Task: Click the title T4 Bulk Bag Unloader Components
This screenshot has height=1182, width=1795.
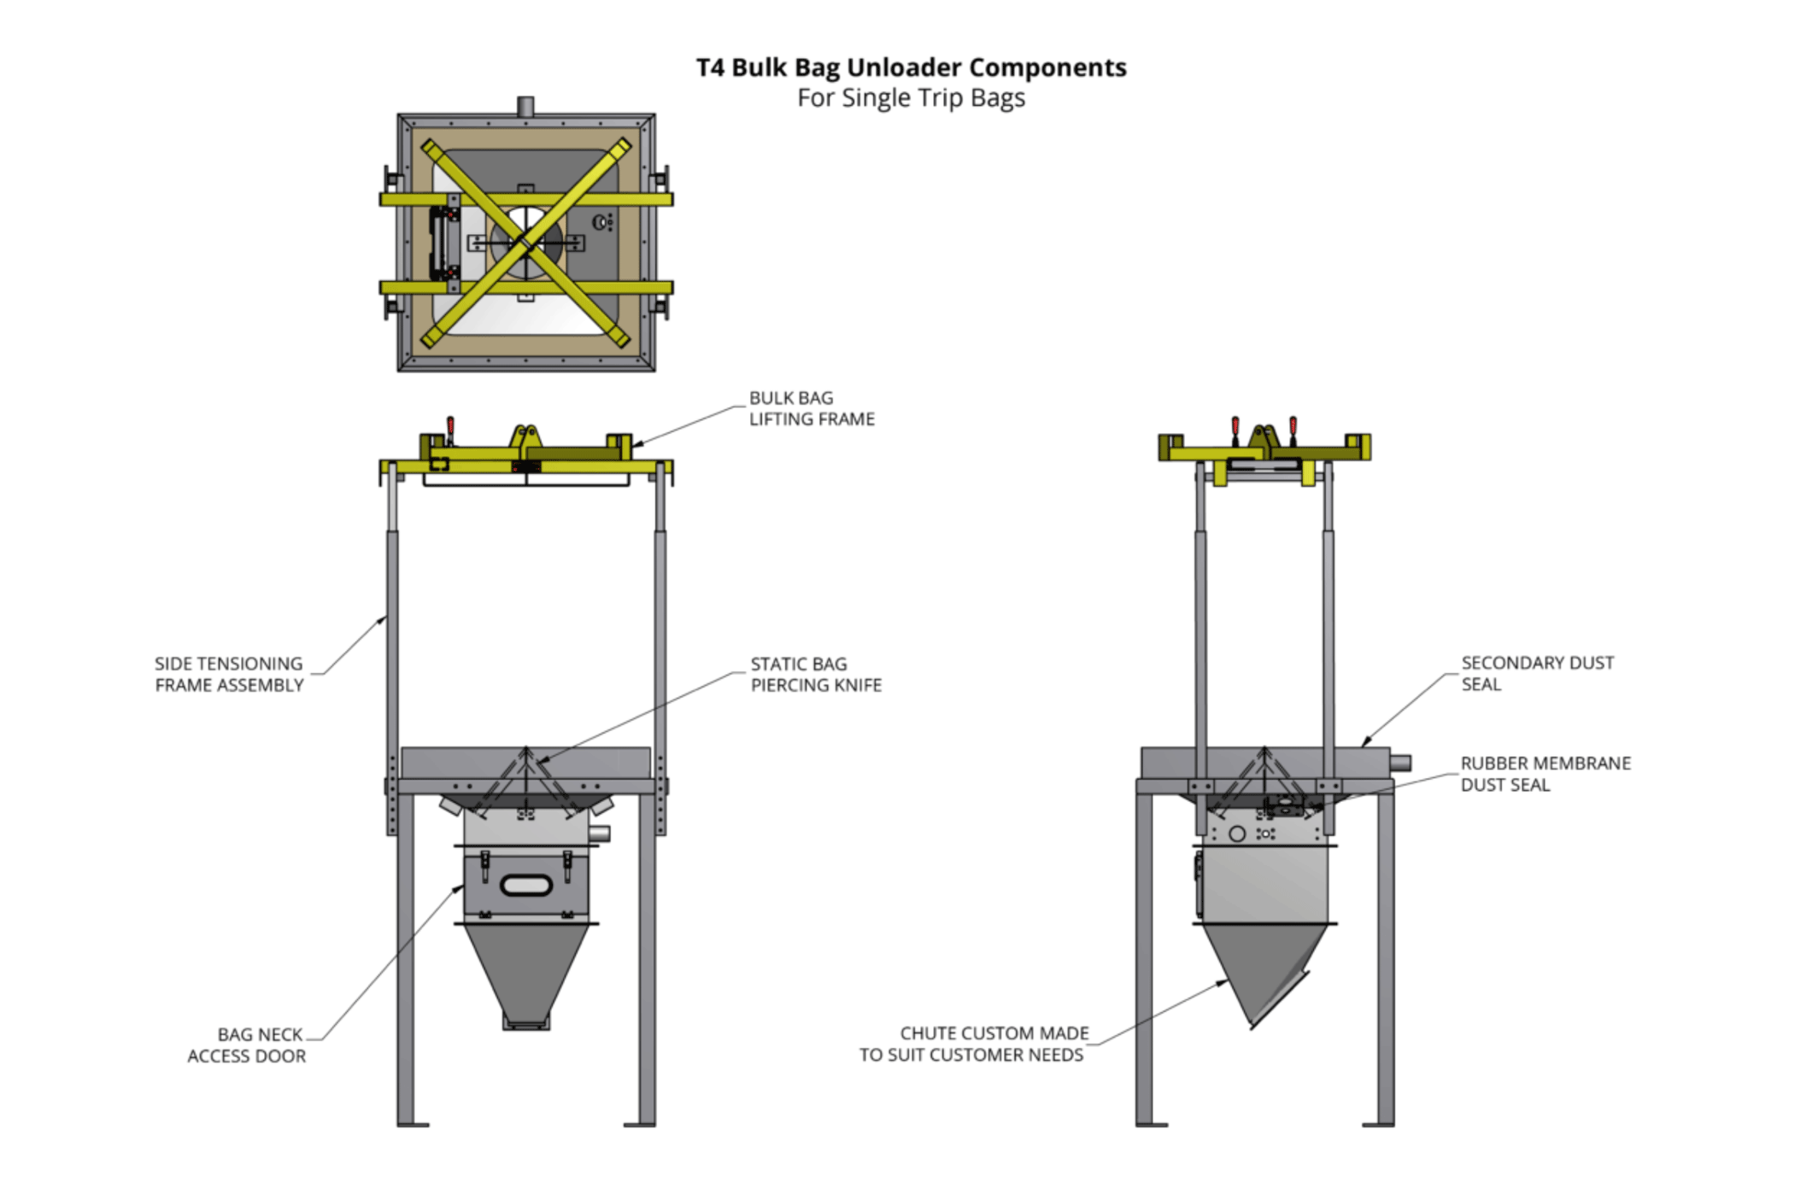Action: (x=911, y=67)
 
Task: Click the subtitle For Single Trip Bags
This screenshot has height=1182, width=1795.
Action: (x=911, y=98)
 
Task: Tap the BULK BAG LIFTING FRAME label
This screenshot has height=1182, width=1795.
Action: (x=811, y=408)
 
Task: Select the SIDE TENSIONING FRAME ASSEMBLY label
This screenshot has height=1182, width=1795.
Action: (x=229, y=674)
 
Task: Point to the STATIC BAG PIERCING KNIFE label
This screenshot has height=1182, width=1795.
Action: (x=815, y=674)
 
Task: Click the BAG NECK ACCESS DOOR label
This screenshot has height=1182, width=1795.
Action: (x=247, y=1044)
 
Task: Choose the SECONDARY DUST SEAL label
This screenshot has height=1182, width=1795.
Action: (x=1536, y=673)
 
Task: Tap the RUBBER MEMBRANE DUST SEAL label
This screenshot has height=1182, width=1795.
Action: (x=1545, y=774)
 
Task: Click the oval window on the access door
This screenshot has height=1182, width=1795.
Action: (x=525, y=885)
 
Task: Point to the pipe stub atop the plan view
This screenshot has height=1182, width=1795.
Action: (x=525, y=107)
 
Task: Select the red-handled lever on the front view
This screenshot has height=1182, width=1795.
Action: (x=450, y=428)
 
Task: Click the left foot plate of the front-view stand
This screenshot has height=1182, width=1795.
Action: (x=413, y=1124)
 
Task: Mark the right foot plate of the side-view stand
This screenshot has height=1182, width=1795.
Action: (x=1377, y=1124)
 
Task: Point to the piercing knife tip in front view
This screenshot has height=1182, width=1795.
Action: (x=526, y=750)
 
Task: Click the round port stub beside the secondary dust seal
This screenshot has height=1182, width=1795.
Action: (x=1399, y=763)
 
